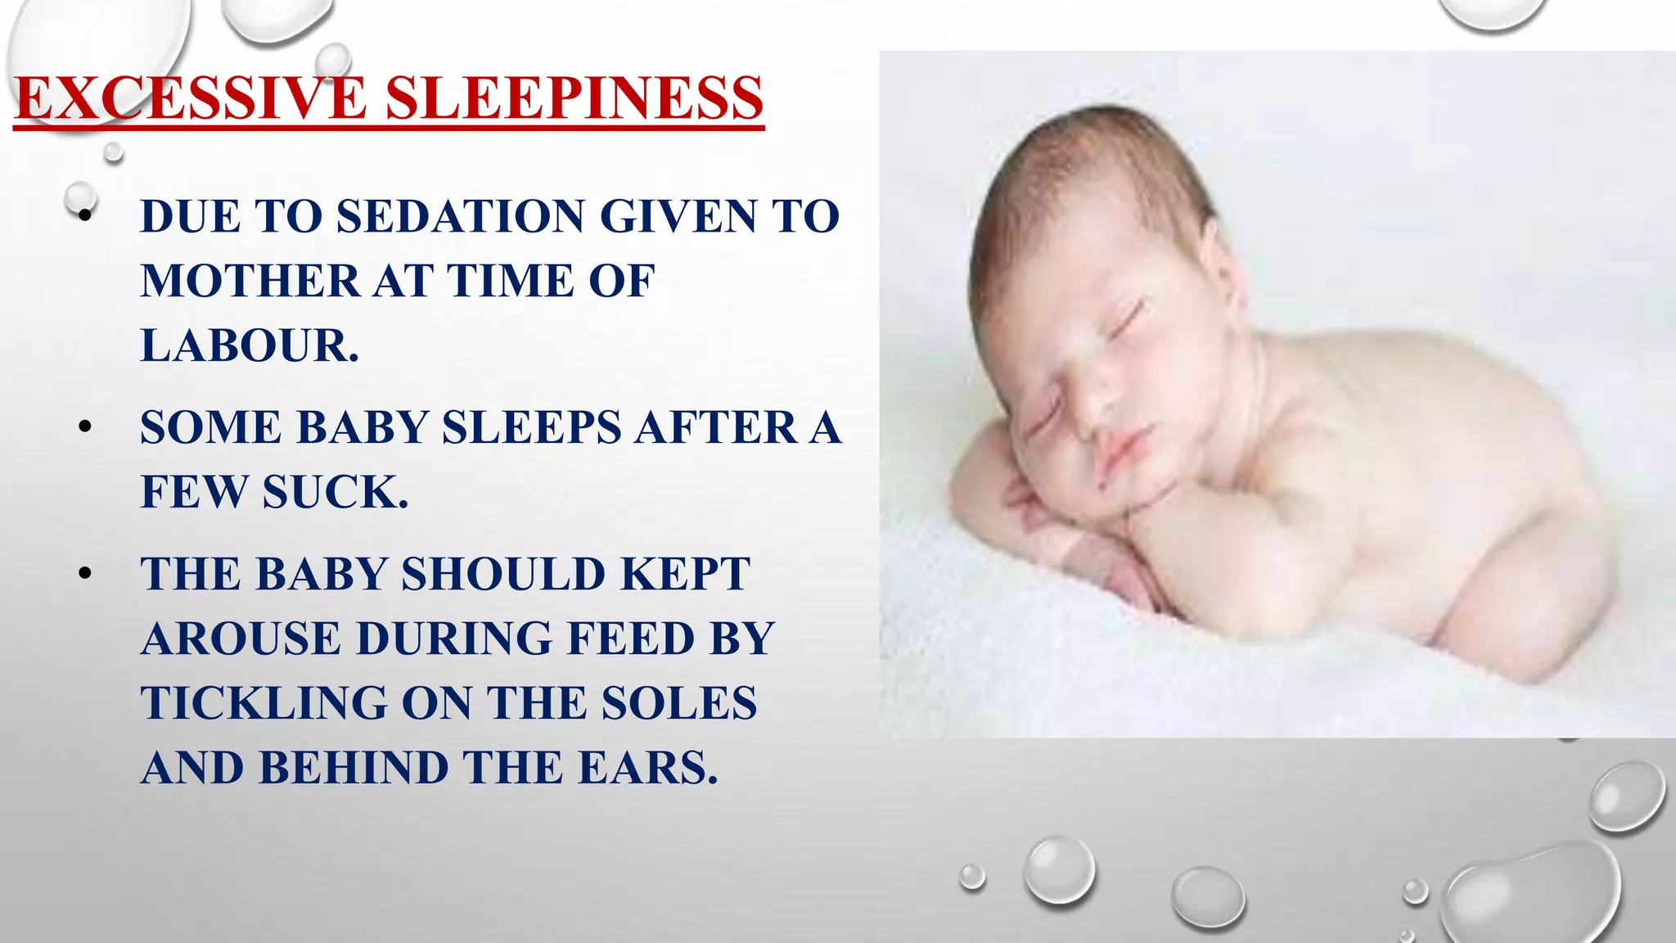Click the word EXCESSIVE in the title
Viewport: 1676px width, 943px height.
click(x=190, y=98)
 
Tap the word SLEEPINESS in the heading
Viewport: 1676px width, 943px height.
click(x=574, y=98)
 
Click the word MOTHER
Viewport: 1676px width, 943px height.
click(x=250, y=282)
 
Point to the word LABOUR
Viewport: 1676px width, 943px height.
click(x=250, y=346)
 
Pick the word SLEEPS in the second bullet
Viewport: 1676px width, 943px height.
click(x=532, y=428)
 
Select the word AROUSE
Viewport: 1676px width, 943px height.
click(x=241, y=638)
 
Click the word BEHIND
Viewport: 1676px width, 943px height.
click(x=354, y=768)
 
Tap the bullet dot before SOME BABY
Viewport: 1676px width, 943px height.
click(x=85, y=427)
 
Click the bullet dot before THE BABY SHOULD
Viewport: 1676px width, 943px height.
click(x=85, y=574)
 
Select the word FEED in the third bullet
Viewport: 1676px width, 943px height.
click(x=630, y=638)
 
